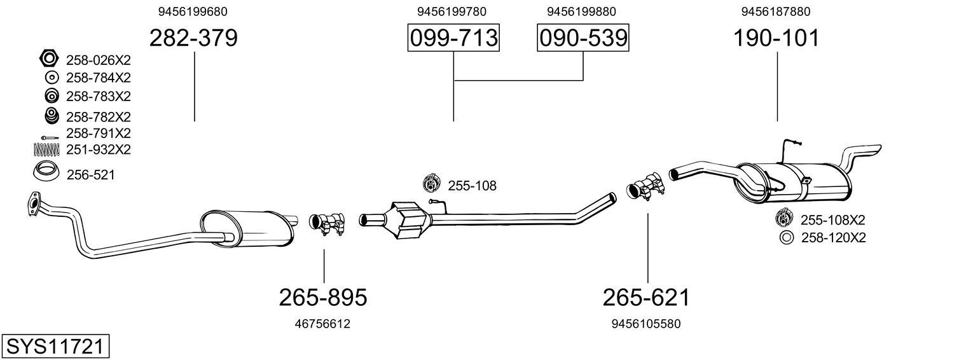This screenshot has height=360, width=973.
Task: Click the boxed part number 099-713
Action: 453,38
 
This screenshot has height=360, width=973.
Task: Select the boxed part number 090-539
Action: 583,38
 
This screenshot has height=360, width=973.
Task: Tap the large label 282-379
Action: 194,38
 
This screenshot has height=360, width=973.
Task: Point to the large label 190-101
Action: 776,38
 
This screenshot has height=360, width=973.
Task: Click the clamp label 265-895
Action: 323,298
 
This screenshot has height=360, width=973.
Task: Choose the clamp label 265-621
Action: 646,298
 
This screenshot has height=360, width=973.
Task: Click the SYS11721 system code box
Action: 55,346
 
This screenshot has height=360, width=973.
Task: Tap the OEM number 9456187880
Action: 776,11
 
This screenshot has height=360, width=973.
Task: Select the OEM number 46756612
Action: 322,324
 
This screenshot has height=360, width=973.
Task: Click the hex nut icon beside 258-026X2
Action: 48,58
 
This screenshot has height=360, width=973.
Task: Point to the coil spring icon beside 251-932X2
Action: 46,149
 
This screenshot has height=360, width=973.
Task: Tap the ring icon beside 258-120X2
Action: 787,237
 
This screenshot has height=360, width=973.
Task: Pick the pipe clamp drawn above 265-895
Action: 327,223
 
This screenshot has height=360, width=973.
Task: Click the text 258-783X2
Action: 98,96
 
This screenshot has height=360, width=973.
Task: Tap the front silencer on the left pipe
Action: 246,229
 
